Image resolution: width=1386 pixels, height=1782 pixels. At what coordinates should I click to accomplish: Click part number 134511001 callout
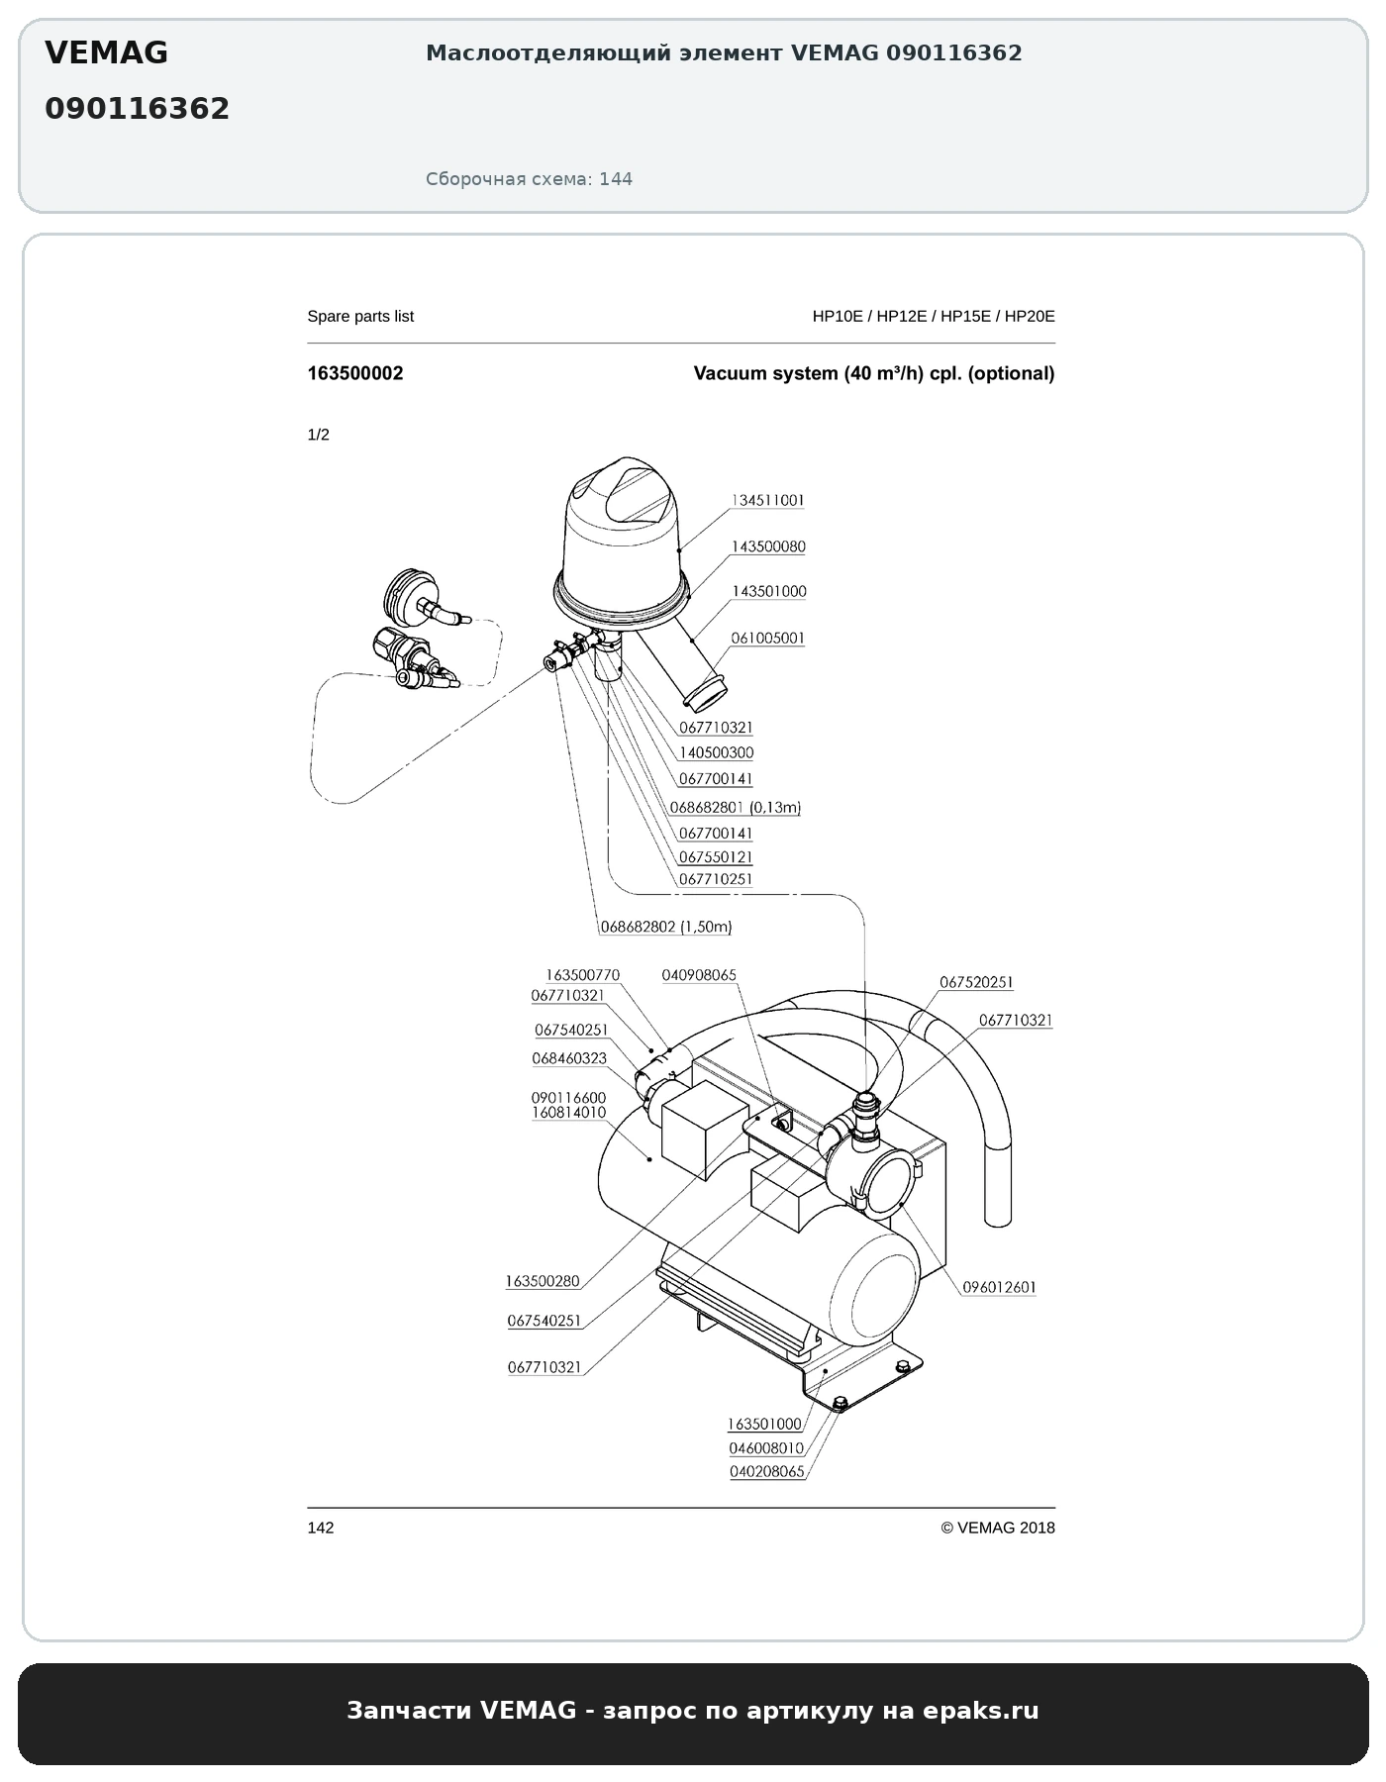[x=768, y=501]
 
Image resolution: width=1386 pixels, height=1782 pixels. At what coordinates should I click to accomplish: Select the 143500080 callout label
[x=768, y=546]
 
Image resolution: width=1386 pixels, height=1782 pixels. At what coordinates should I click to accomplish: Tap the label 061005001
[x=768, y=639]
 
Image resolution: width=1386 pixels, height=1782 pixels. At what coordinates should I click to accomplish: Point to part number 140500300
[x=716, y=753]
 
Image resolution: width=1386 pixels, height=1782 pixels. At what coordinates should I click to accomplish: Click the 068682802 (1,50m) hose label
[x=666, y=928]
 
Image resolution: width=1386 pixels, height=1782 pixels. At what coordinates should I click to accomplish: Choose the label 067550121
[x=716, y=857]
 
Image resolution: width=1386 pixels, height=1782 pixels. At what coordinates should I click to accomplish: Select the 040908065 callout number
[x=699, y=975]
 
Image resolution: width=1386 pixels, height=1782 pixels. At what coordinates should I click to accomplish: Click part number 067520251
[x=976, y=982]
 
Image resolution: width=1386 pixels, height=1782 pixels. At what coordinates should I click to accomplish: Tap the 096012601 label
[x=1000, y=1288]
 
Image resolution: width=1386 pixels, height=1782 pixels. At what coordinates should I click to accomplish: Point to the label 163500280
[x=543, y=1281]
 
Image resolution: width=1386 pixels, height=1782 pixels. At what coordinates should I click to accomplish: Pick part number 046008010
[x=766, y=1448]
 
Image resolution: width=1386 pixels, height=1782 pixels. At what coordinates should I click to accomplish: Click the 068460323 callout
[x=569, y=1058]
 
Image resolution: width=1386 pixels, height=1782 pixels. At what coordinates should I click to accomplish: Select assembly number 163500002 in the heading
[x=355, y=373]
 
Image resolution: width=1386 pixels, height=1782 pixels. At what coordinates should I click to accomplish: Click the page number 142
[x=321, y=1528]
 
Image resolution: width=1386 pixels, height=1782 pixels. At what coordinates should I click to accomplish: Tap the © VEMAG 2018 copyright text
[x=998, y=1528]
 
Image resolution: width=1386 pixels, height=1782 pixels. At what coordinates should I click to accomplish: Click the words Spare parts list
[x=360, y=317]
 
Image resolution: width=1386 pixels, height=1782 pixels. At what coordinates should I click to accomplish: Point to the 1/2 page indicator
[x=319, y=435]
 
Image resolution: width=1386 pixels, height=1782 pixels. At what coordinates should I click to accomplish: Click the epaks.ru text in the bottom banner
[x=981, y=1710]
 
